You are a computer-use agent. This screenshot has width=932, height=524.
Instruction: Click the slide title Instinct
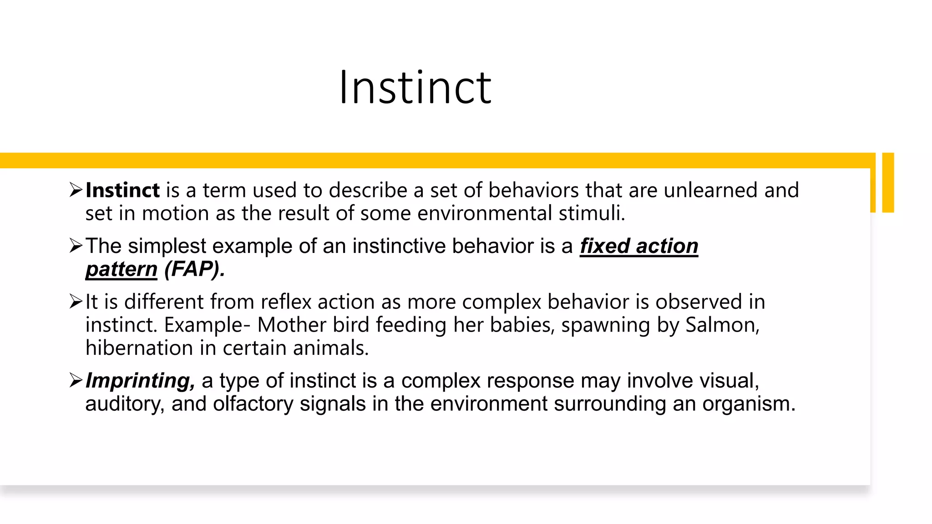click(415, 87)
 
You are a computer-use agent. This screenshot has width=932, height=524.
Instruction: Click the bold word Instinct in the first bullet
click(122, 190)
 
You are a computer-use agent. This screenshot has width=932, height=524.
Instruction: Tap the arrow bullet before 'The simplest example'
click(76, 246)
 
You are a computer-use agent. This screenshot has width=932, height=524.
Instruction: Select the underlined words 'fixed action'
click(638, 246)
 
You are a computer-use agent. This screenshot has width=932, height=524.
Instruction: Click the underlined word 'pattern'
click(121, 269)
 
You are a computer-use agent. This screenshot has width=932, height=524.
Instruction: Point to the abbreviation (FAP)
click(194, 269)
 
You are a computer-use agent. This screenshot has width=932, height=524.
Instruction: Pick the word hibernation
click(139, 348)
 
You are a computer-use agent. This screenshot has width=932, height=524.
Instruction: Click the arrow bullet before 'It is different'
click(76, 302)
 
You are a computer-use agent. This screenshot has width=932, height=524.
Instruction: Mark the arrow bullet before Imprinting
click(76, 380)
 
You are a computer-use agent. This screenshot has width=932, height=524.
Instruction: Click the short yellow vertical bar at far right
click(888, 182)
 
